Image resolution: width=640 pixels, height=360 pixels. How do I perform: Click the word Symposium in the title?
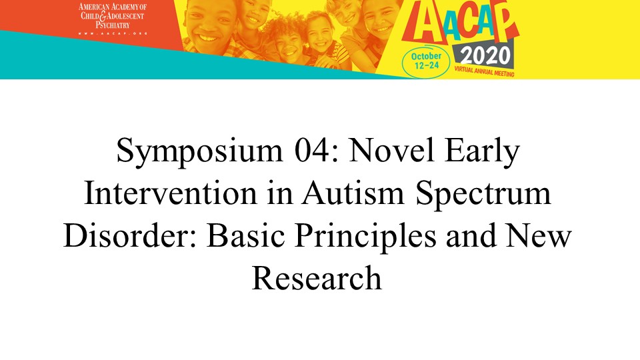(199, 152)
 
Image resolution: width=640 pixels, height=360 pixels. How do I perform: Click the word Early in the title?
(482, 152)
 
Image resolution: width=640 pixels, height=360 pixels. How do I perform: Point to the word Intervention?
(171, 193)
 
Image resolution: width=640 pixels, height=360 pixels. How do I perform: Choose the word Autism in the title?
(353, 193)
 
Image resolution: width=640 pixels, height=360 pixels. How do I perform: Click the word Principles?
(365, 237)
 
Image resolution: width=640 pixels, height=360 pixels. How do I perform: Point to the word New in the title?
(539, 235)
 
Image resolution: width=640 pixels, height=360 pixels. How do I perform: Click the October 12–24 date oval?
(426, 61)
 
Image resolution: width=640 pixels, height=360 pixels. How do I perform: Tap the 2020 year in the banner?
(485, 56)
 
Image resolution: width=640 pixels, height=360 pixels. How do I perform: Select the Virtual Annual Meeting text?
(484, 71)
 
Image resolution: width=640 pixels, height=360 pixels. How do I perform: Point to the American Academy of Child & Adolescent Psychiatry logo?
(112, 19)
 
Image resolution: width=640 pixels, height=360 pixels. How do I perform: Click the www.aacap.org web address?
(112, 33)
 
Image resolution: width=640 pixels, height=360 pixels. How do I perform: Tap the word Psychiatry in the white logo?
(113, 25)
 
